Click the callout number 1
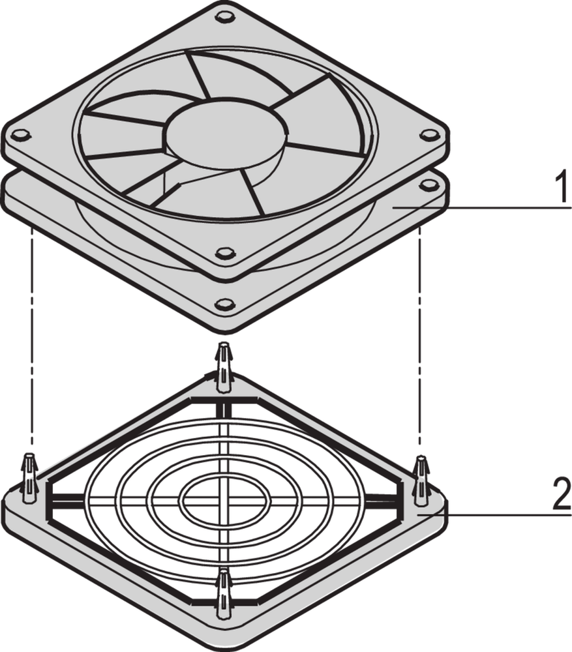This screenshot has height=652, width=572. (562, 188)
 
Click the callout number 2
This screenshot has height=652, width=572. (562, 494)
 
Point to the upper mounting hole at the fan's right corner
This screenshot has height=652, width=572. (429, 135)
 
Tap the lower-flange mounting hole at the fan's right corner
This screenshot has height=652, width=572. (430, 185)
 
